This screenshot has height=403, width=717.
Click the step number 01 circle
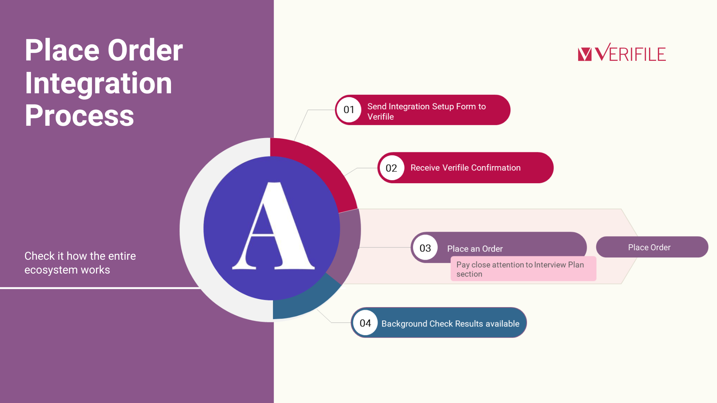(x=349, y=110)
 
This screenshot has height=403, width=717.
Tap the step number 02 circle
(x=391, y=168)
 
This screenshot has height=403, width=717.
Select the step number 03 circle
(x=425, y=248)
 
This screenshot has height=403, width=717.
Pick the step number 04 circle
(x=365, y=323)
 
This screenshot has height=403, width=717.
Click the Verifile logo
(x=622, y=52)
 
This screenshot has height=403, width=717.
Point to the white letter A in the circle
(x=273, y=226)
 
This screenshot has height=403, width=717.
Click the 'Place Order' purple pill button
(x=652, y=247)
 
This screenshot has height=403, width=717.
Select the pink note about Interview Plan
(x=523, y=269)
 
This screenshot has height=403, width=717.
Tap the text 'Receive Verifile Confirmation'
(x=465, y=168)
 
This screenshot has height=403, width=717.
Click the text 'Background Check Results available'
(x=450, y=324)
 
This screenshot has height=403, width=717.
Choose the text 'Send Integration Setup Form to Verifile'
(x=426, y=112)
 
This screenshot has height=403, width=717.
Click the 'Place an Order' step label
(x=475, y=249)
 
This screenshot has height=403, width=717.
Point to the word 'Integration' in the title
(x=99, y=83)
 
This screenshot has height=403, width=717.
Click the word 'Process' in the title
(x=79, y=115)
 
